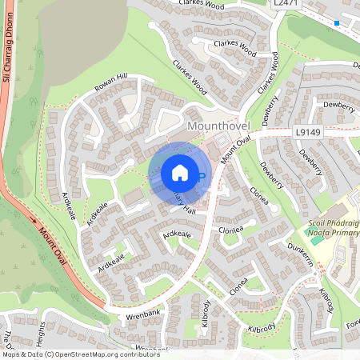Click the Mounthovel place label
[218, 126]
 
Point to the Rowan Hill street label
[110, 83]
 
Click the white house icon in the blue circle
[180, 173]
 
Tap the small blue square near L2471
[337, 23]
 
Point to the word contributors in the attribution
[137, 354]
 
